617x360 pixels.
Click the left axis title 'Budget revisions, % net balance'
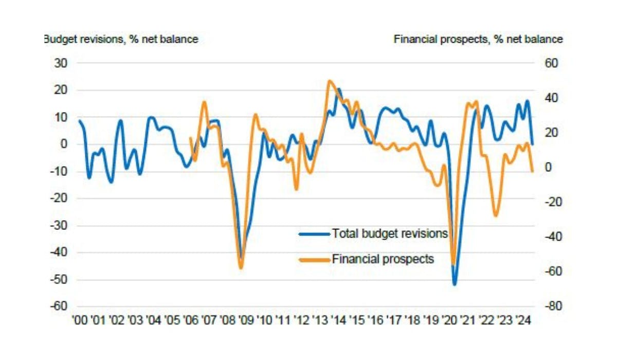coord(121,39)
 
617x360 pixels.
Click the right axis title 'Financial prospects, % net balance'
coord(478,39)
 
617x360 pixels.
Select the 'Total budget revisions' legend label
coord(390,233)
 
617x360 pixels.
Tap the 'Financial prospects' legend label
coord(383,259)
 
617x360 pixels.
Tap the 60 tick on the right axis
coord(545,63)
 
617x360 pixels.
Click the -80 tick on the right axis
coord(543,307)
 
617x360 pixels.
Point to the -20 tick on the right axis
coord(543,202)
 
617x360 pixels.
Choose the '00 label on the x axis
coord(80,320)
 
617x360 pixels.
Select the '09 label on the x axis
coord(246,320)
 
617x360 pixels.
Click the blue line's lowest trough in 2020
coord(455,284)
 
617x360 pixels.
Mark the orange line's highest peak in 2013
coord(329,81)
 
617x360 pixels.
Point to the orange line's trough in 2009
coord(241,267)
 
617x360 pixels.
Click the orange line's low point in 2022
coord(496,215)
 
